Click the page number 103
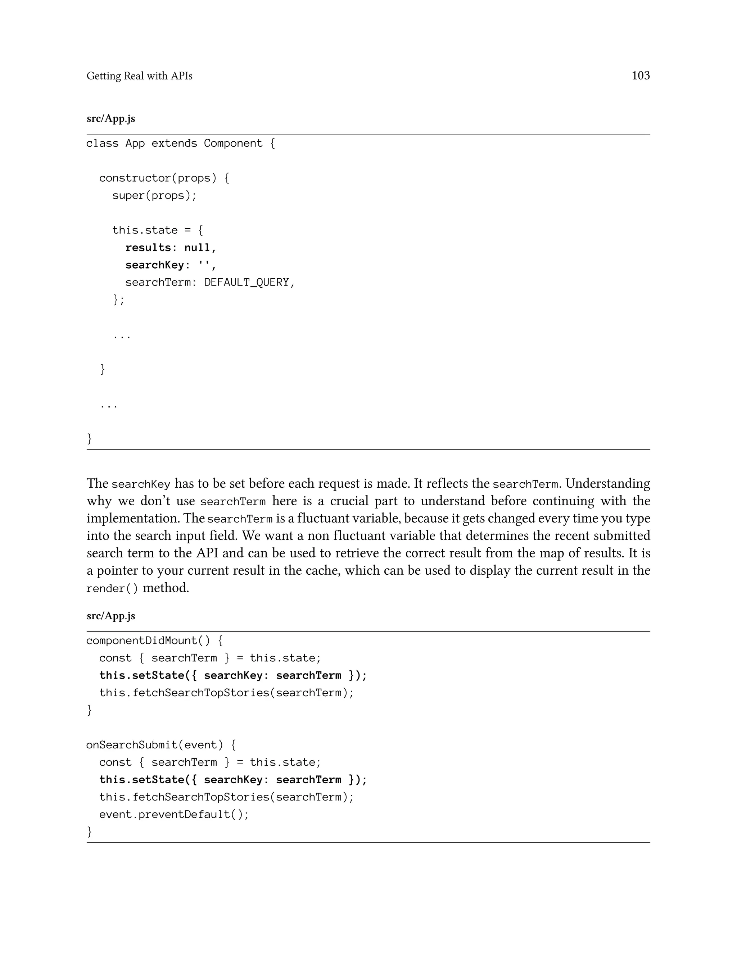click(x=640, y=76)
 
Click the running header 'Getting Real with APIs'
click(x=139, y=76)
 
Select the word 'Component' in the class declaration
click(x=233, y=143)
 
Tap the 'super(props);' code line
click(x=154, y=196)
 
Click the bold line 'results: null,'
click(x=171, y=248)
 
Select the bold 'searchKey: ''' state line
click(x=171, y=265)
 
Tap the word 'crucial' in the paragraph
click(x=348, y=501)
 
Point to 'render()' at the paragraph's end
click(x=112, y=589)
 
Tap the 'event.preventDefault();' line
click(x=174, y=815)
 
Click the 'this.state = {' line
click(x=158, y=231)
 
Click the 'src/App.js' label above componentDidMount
click(x=111, y=616)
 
